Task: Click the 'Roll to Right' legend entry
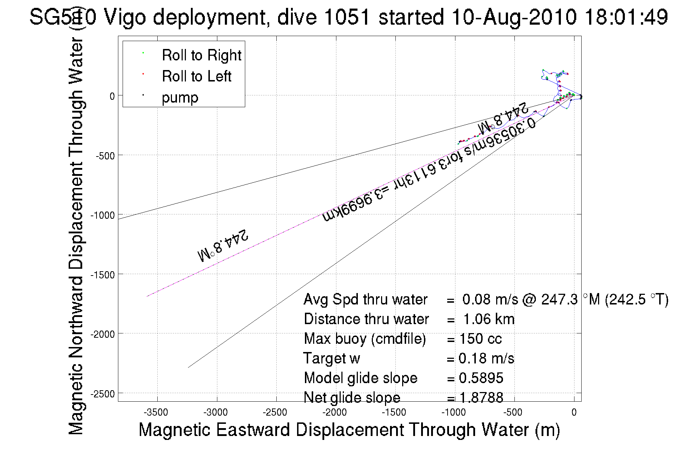(201, 55)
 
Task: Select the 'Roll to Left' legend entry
(196, 76)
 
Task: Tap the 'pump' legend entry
(180, 98)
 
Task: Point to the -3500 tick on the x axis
(156, 412)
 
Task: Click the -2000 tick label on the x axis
(335, 412)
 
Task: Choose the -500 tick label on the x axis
(513, 412)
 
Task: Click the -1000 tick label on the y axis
(103, 215)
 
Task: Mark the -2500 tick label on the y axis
(103, 394)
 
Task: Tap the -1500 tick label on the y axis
(103, 275)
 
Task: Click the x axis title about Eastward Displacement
(349, 430)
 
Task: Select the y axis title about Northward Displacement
(76, 236)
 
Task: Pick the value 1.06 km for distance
(489, 319)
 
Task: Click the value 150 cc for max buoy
(480, 339)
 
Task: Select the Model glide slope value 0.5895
(481, 378)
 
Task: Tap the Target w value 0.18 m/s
(486, 358)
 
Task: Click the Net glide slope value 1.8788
(481, 398)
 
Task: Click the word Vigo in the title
(124, 17)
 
